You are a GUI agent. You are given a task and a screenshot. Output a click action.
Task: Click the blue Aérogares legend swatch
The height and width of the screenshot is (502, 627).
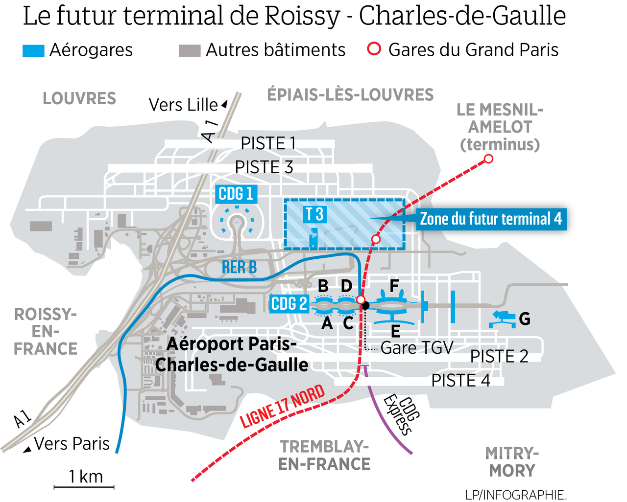click(33, 50)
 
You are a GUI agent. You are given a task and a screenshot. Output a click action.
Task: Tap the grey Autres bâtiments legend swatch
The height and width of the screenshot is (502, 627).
click(190, 50)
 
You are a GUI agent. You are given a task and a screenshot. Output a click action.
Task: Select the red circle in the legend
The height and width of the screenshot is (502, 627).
click(374, 49)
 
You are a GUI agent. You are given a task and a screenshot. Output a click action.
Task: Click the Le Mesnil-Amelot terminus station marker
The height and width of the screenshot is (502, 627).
click(488, 159)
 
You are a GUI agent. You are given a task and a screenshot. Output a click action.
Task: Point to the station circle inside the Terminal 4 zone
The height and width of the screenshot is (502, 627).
click(376, 239)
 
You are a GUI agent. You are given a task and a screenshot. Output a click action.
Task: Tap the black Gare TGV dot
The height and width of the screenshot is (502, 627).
click(365, 306)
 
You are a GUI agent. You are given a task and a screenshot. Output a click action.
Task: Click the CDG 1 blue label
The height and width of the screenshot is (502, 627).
click(236, 194)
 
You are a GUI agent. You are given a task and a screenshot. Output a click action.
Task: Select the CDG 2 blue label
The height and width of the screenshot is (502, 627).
click(289, 304)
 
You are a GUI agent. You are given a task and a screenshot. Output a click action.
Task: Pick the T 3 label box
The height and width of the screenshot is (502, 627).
click(314, 214)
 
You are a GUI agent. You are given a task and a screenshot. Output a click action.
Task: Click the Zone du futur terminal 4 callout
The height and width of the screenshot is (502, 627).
click(491, 219)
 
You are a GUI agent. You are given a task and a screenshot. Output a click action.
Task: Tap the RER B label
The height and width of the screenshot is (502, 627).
click(239, 267)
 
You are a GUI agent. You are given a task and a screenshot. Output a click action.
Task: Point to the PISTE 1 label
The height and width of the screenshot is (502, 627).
click(268, 143)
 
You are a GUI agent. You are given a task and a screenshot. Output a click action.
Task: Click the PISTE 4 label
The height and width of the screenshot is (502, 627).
click(460, 380)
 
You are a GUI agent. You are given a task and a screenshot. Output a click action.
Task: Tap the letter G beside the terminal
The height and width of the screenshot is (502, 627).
click(525, 319)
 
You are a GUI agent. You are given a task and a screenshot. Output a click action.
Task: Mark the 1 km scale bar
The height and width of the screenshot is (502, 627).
click(84, 487)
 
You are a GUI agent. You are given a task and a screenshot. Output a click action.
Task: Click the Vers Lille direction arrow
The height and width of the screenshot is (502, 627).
click(224, 104)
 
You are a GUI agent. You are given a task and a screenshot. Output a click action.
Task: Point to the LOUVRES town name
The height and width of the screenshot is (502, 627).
click(79, 98)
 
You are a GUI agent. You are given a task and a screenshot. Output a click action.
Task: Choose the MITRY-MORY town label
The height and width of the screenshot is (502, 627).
click(512, 462)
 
